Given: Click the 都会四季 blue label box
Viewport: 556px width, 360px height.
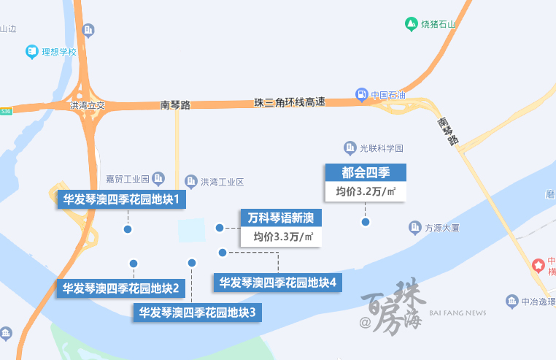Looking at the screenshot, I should [366, 174].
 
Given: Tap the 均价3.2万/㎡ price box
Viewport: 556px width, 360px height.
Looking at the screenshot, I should [366, 191].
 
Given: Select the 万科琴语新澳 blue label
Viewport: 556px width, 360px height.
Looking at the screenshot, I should [280, 218].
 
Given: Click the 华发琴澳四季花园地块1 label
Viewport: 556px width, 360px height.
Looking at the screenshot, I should [122, 199].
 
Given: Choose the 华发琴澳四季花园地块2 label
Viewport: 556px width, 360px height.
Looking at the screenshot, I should [121, 288].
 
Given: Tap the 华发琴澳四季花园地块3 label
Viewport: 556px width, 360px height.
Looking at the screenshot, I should [198, 313].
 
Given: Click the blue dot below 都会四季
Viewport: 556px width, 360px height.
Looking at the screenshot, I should [366, 221].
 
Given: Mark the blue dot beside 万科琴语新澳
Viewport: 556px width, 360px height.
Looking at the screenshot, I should [220, 228].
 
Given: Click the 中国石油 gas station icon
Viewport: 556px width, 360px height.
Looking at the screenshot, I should [360, 94].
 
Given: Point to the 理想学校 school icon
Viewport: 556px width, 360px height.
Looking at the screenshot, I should [31, 52].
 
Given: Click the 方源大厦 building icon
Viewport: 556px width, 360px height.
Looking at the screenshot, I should [414, 227].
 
